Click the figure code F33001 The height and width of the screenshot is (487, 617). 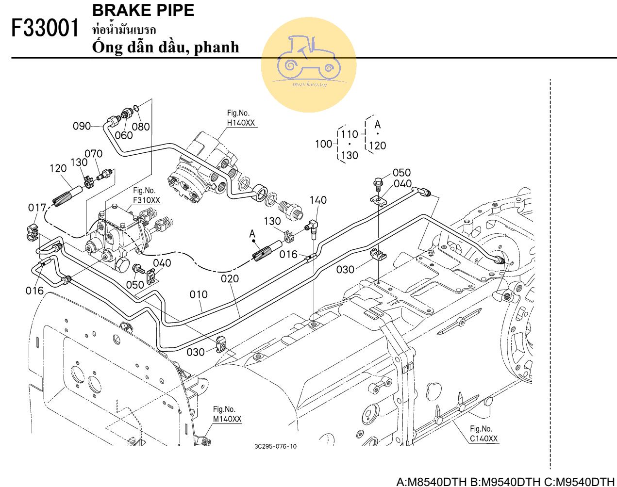45,29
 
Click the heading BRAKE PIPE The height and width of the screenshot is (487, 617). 143,10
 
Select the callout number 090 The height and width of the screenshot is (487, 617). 82,126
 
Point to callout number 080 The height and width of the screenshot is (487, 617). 141,127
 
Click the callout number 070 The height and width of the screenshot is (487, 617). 94,154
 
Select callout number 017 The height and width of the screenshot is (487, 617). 37,208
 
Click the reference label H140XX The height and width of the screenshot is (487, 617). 241,123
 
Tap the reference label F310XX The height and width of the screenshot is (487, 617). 146,200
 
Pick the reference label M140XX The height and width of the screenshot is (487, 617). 227,419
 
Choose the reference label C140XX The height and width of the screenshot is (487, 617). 484,438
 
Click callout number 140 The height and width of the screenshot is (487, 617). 318,200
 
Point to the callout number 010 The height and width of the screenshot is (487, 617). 199,294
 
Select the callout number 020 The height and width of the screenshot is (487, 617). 230,278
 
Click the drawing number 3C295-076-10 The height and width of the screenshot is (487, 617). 275,446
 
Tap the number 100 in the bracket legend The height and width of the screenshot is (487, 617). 323,144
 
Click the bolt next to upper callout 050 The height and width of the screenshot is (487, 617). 378,183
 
